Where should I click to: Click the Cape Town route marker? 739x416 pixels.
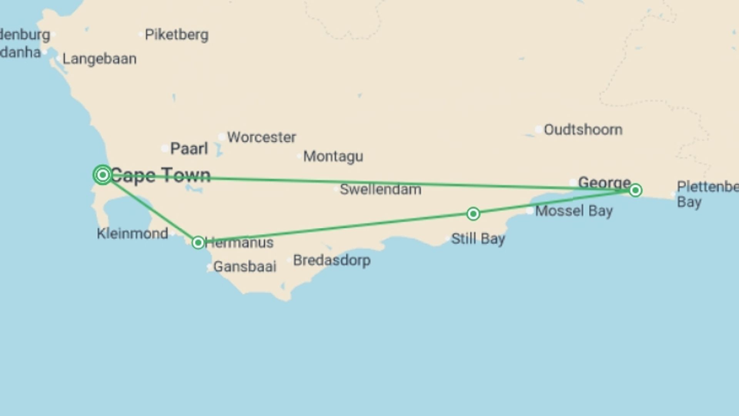pyautogui.click(x=103, y=175)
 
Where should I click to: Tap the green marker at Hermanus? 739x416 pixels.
pyautogui.click(x=198, y=242)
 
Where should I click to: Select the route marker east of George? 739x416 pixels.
pyautogui.click(x=635, y=190)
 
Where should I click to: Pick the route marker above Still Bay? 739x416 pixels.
pyautogui.click(x=473, y=214)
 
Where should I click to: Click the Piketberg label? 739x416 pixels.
pyautogui.click(x=177, y=35)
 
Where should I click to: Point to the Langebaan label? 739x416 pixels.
pyautogui.click(x=99, y=59)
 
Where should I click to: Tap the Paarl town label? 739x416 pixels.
pyautogui.click(x=189, y=149)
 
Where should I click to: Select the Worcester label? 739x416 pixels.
pyautogui.click(x=261, y=137)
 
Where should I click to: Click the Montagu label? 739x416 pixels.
pyautogui.click(x=333, y=156)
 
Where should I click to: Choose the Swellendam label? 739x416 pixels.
pyautogui.click(x=380, y=190)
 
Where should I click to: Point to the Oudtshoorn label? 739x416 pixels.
pyautogui.click(x=583, y=130)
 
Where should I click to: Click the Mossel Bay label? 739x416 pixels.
pyautogui.click(x=573, y=211)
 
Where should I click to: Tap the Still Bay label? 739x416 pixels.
pyautogui.click(x=478, y=239)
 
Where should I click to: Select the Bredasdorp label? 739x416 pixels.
pyautogui.click(x=332, y=260)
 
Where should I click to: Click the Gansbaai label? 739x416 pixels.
pyautogui.click(x=245, y=267)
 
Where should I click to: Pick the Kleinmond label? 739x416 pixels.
pyautogui.click(x=132, y=233)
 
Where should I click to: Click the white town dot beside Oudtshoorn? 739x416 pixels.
pyautogui.click(x=538, y=129)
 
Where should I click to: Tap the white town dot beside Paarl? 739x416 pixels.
pyautogui.click(x=165, y=148)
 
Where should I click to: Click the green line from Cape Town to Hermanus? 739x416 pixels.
pyautogui.click(x=150, y=208)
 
